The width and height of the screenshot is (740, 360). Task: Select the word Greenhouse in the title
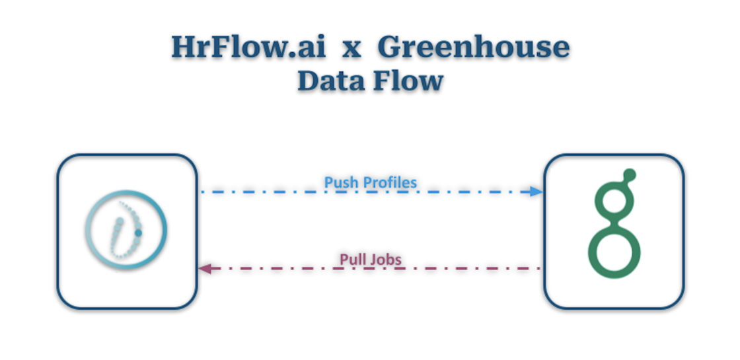(474, 48)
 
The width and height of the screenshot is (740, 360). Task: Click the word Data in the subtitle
(333, 81)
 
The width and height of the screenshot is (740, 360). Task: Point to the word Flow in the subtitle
(409, 81)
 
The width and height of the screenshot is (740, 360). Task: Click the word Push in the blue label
(341, 182)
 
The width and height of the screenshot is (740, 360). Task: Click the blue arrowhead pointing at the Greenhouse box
(536, 192)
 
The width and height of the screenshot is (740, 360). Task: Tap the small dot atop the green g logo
(630, 175)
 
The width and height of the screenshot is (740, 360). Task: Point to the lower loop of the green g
(614, 254)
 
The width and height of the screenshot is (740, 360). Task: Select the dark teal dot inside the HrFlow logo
(138, 233)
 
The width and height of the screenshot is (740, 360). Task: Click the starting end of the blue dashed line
(202, 192)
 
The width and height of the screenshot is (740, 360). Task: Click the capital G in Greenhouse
(394, 48)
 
